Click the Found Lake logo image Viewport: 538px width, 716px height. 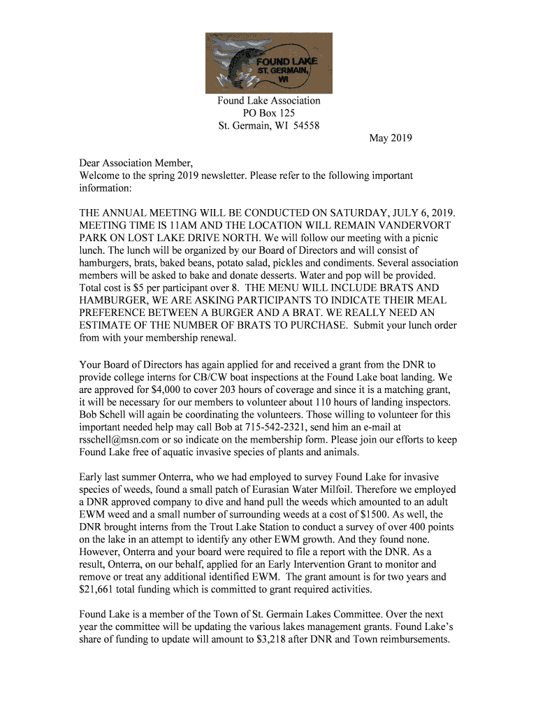(x=268, y=63)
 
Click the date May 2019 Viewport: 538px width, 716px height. (x=391, y=138)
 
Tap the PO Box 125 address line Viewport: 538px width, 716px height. (x=268, y=113)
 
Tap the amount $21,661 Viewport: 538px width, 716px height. (x=99, y=589)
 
